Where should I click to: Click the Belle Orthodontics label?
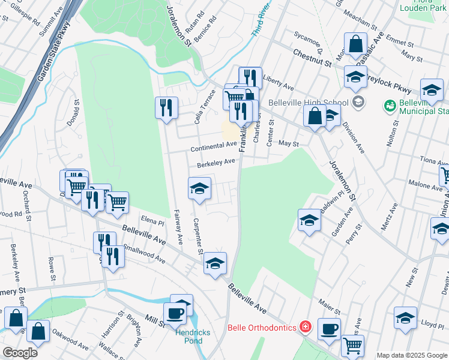262,328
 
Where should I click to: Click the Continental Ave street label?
214,147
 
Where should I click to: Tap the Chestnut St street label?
313,58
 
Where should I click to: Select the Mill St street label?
155,322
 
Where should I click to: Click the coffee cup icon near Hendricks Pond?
176,313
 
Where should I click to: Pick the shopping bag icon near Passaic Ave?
355,44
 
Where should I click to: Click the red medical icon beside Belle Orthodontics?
306,328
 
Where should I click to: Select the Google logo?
20,353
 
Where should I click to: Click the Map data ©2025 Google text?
411,355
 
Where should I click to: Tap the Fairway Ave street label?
178,226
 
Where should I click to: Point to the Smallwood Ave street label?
143,253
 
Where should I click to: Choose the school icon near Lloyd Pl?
405,318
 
